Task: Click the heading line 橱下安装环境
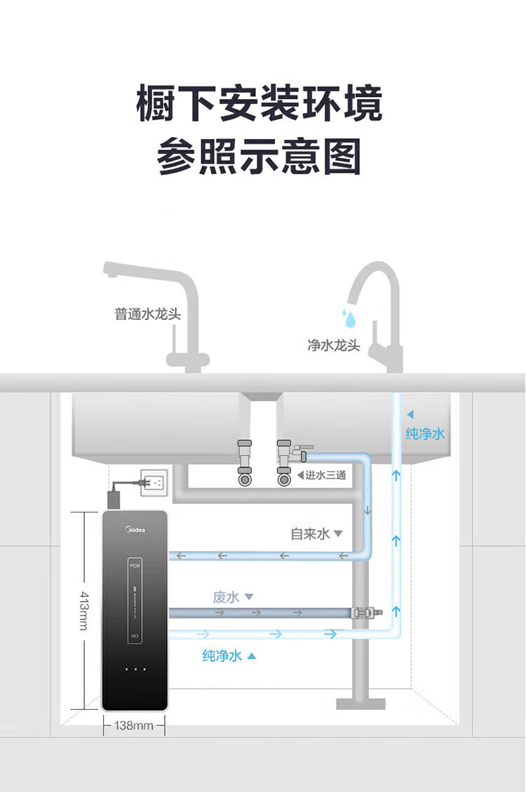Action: click(x=259, y=105)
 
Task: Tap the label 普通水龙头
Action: click(x=147, y=314)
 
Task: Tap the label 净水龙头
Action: click(x=333, y=345)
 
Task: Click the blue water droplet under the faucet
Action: click(x=349, y=319)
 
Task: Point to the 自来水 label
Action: click(x=310, y=534)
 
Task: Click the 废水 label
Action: click(x=227, y=597)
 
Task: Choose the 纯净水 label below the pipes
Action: click(x=222, y=655)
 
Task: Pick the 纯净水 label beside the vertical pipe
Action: click(x=425, y=434)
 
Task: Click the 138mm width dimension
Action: click(x=133, y=725)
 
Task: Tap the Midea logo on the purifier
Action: click(x=135, y=528)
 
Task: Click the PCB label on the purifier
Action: click(x=135, y=563)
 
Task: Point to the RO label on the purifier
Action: click(x=135, y=636)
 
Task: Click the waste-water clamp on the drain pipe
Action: click(x=364, y=613)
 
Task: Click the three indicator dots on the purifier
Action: click(x=135, y=669)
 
